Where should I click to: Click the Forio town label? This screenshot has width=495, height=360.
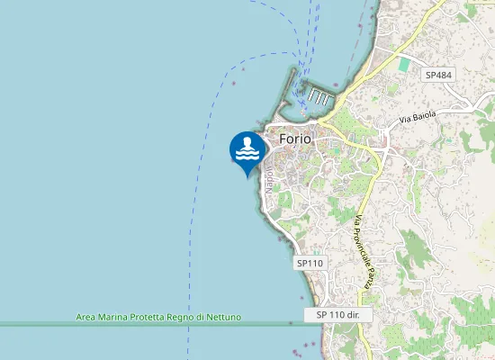coord(294,139)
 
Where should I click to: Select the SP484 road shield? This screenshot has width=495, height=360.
coord(438,76)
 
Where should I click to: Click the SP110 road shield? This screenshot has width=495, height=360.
coord(309,263)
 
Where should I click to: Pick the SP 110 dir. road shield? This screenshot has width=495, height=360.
coord(344,315)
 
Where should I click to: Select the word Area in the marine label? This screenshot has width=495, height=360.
coord(86,318)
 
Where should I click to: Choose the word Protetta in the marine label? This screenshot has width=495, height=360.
coord(150,318)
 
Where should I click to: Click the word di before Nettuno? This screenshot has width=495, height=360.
coord(202,318)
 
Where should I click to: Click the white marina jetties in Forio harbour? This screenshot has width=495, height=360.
coord(320,95)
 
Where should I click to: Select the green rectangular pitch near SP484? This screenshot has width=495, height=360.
coord(404,65)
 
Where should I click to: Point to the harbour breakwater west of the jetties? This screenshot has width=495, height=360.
coord(292,90)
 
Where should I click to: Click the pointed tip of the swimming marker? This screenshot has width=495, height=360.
coord(247,175)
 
